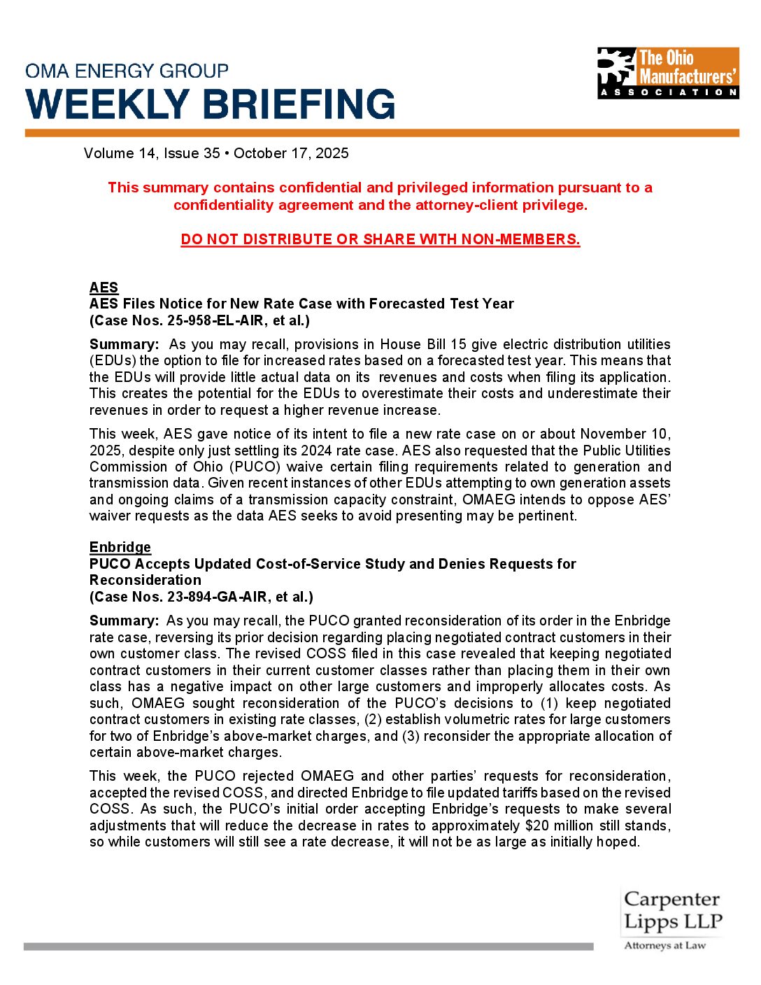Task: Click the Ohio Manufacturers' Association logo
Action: [x=668, y=73]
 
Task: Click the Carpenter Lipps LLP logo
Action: [x=671, y=910]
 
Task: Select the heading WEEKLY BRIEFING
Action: [x=211, y=104]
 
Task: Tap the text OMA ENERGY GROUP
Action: [x=127, y=71]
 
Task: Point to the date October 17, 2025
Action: [x=291, y=153]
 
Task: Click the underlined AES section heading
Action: [x=104, y=288]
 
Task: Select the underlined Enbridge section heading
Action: [x=120, y=547]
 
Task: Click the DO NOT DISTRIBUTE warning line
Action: [x=380, y=239]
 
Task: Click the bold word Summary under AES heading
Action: [x=124, y=344]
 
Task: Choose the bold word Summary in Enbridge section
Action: [x=124, y=621]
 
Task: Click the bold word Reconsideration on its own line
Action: [x=145, y=580]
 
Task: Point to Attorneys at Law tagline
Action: [x=664, y=945]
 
